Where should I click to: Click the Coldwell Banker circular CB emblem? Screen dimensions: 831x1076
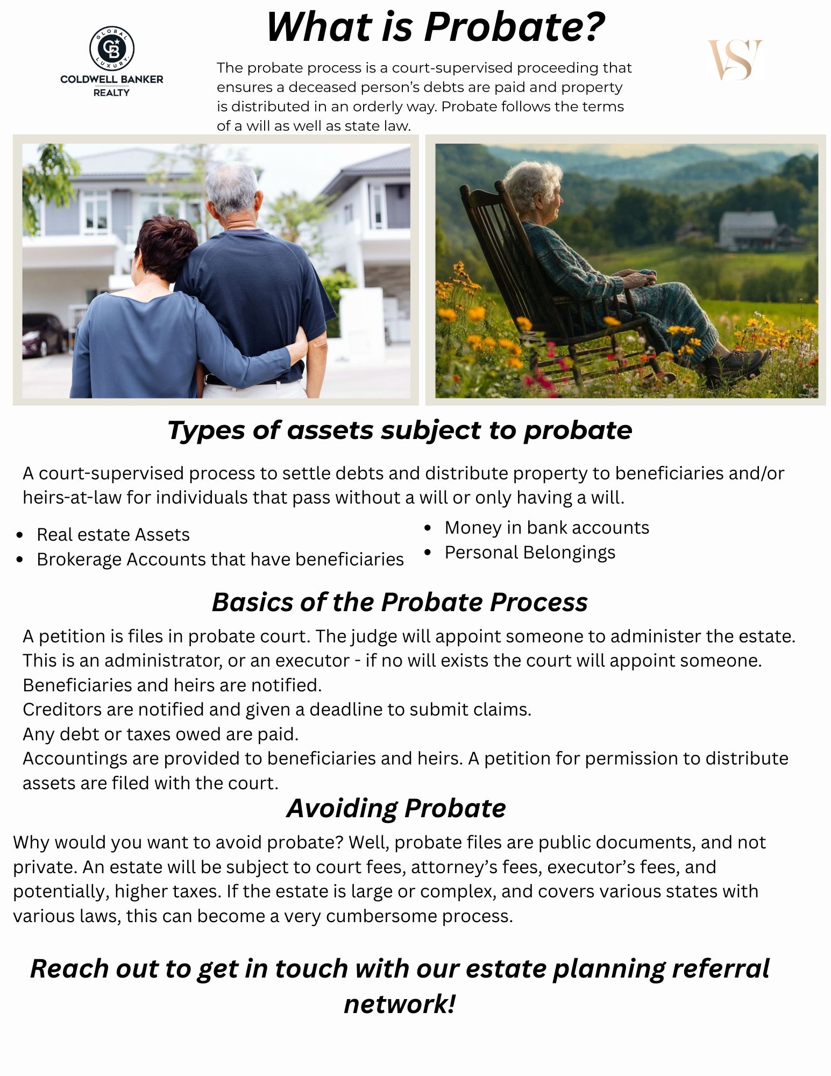[x=111, y=48]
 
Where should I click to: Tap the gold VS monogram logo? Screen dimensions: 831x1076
[x=735, y=60]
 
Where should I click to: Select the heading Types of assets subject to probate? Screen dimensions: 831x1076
[x=400, y=430]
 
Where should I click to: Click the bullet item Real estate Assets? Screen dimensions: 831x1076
[x=113, y=534]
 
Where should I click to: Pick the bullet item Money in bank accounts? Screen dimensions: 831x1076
[x=547, y=527]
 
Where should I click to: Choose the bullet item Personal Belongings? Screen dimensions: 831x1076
[x=530, y=553]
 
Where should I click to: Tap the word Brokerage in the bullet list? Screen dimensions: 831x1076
[x=79, y=560]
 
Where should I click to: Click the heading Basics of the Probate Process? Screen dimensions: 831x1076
[x=400, y=602]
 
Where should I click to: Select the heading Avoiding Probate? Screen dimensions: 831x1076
[x=396, y=808]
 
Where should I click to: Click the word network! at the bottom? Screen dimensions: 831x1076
[x=400, y=1004]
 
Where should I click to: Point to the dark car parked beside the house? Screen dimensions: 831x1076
[x=44, y=334]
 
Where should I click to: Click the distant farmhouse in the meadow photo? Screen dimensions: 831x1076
[x=749, y=230]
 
